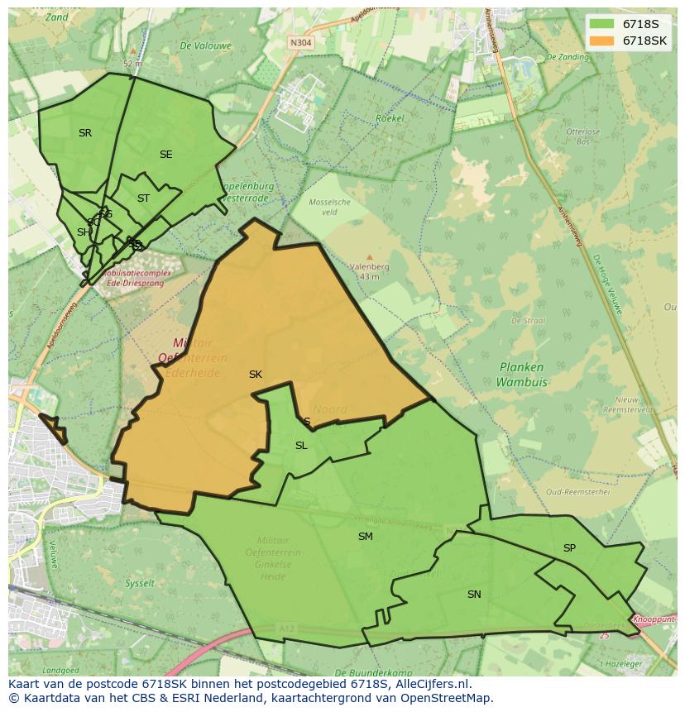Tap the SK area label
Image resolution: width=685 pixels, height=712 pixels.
pyautogui.click(x=256, y=375)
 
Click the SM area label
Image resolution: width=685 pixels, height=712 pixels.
pyautogui.click(x=365, y=537)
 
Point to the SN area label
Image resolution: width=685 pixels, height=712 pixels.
pyautogui.click(x=474, y=595)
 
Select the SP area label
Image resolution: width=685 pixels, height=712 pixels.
pyautogui.click(x=569, y=548)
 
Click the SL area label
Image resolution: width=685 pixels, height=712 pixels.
pyautogui.click(x=301, y=446)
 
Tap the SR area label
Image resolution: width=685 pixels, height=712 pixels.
pyautogui.click(x=85, y=133)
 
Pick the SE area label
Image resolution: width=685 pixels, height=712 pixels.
pyautogui.click(x=166, y=155)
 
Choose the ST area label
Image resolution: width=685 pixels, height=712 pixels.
pyautogui.click(x=143, y=198)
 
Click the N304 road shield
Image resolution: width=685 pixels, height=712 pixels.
pyautogui.click(x=300, y=41)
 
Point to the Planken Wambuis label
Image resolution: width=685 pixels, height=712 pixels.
pyautogui.click(x=521, y=375)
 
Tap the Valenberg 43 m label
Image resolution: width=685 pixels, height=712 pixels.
pyautogui.click(x=369, y=271)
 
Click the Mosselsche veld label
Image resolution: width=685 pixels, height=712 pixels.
pyautogui.click(x=329, y=207)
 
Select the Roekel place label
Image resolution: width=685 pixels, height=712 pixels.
pyautogui.click(x=390, y=118)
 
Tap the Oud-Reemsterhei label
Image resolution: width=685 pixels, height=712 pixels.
pyautogui.click(x=577, y=491)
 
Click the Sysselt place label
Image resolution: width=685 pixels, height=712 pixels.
pyautogui.click(x=140, y=583)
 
